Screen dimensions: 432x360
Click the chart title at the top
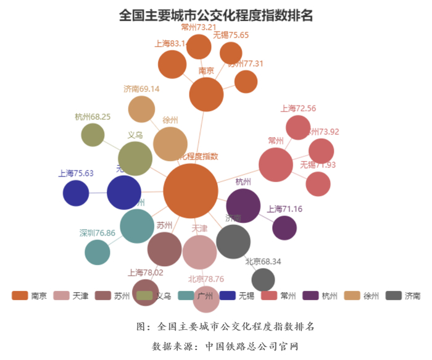tap(216, 15)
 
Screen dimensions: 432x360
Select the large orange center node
tap(191, 191)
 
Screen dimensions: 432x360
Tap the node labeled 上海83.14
tap(172, 65)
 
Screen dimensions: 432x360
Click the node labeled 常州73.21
tap(199, 47)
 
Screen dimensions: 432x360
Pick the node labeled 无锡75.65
tap(231, 53)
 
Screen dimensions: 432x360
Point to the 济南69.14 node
tap(141, 109)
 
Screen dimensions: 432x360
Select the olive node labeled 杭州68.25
tap(93, 135)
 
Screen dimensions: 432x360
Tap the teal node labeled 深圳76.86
tap(97, 252)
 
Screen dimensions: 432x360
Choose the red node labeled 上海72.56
tap(298, 127)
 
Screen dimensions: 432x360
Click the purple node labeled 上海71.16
tap(285, 227)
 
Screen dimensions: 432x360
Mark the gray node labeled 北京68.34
tap(264, 280)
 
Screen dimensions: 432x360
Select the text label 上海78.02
tap(146, 272)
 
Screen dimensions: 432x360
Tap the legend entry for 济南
tap(404, 296)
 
